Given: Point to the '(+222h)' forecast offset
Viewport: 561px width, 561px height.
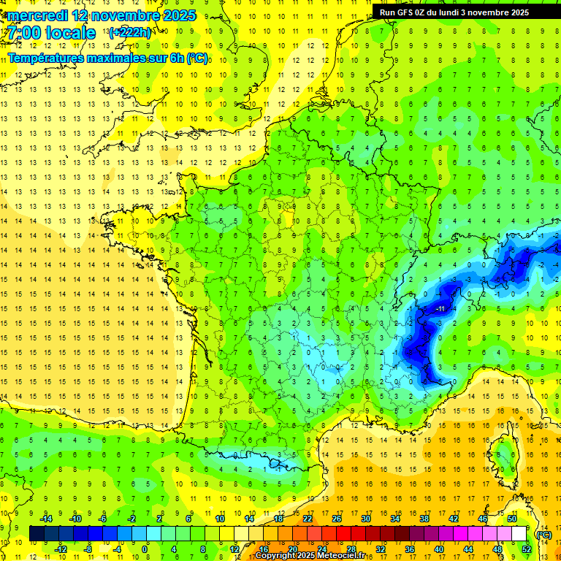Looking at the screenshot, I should click(x=130, y=33).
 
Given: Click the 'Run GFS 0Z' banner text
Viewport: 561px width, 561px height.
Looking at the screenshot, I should click(x=406, y=12).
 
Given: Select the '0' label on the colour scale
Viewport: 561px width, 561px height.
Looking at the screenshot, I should click(x=145, y=549).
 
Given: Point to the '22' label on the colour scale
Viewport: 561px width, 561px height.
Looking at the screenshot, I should click(x=308, y=519).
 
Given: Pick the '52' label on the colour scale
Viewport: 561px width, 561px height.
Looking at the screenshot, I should click(x=526, y=549).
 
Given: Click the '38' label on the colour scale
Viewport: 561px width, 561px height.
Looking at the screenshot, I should click(x=424, y=519).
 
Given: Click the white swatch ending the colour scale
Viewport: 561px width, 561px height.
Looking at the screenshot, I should click(x=519, y=534).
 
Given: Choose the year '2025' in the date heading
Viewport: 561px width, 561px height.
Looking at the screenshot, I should click(x=177, y=15).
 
